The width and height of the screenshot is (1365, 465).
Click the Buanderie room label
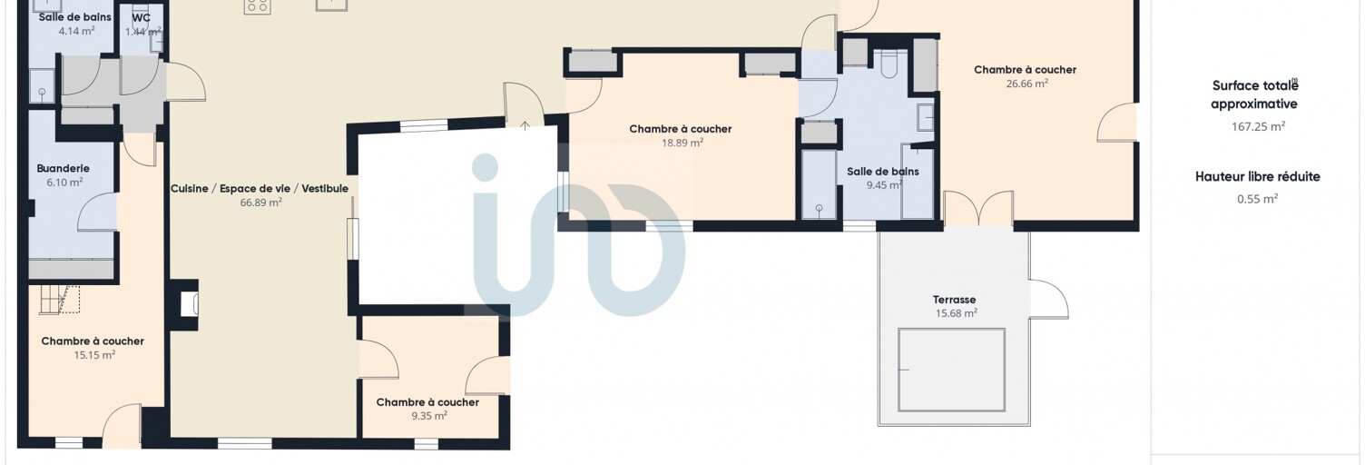[x=63, y=168]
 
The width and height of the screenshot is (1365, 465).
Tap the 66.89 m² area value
[x=260, y=203]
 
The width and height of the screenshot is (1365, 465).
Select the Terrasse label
[x=954, y=299]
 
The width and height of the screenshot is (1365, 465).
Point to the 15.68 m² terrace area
[x=957, y=313]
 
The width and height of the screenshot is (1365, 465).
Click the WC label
[x=141, y=17]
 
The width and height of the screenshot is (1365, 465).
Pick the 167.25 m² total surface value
[x=1258, y=127]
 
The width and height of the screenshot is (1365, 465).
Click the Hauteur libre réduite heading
[x=1258, y=177]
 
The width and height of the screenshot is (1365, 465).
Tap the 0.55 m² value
[x=1258, y=199]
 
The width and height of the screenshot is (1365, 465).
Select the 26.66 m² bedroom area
[x=1026, y=84]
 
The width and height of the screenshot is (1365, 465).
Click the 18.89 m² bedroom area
[x=682, y=143]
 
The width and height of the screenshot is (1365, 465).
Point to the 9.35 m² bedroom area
[x=429, y=416]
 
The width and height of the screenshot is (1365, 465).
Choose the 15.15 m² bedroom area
[x=94, y=355]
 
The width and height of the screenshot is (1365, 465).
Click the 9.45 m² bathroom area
[x=884, y=184]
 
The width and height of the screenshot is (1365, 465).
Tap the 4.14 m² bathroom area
[x=76, y=31]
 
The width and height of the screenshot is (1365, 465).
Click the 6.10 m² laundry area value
[x=64, y=183]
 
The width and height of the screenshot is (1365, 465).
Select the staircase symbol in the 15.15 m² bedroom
[x=60, y=300]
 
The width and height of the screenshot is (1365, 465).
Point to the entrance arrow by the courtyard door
[x=525, y=125]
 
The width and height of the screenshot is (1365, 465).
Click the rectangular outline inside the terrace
[x=951, y=370]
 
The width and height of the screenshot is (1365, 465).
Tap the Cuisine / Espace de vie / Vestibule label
[x=260, y=188]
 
